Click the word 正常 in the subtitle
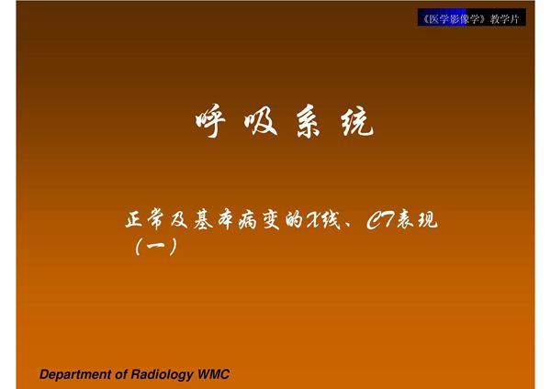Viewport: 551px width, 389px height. tap(146, 221)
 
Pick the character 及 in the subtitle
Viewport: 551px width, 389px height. tap(188, 221)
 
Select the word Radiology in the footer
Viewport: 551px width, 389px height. tap(160, 374)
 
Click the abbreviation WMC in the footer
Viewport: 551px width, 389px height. tap(213, 374)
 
